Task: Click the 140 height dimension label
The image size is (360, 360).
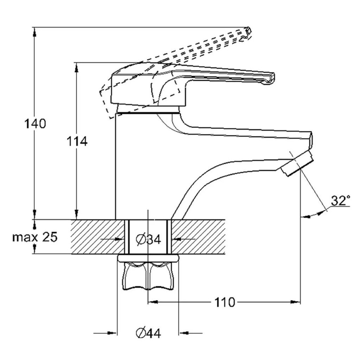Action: coord(35,124)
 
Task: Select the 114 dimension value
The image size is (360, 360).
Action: coord(77,141)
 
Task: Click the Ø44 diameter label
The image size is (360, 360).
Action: coord(148,333)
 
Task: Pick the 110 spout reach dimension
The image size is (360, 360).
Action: coord(225,302)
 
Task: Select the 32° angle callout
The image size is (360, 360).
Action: coord(340,200)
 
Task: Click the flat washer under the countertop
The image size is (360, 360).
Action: coord(148,258)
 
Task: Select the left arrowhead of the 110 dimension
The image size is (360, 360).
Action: coord(153,302)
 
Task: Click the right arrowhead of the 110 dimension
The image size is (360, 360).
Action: coord(295,302)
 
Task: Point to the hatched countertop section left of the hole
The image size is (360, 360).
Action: coord(98,237)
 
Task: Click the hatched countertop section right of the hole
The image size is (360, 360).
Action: coord(198,237)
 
